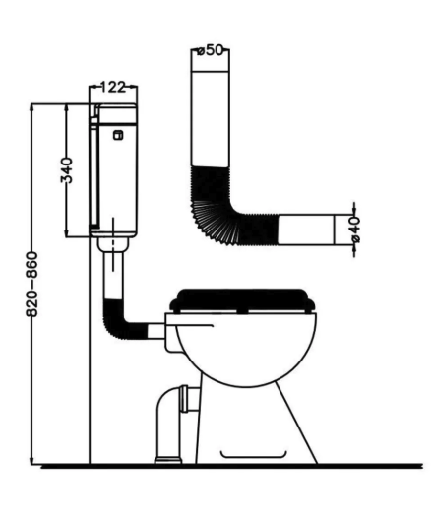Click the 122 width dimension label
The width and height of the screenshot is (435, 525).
tap(113, 87)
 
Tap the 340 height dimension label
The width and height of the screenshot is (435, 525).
tap(66, 170)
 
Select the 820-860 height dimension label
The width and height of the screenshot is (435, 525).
tap(32, 285)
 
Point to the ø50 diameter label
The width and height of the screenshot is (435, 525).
tap(210, 50)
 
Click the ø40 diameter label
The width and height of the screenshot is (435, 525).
tap(355, 230)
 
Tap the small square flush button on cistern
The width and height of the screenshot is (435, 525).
tap(118, 135)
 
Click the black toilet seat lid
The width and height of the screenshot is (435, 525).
tap(242, 300)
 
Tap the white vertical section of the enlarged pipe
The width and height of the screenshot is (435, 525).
tap(211, 119)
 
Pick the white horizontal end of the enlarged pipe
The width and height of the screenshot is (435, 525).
tap(306, 230)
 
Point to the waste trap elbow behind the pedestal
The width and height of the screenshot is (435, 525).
tap(169, 402)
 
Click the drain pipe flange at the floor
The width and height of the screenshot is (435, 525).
tap(168, 460)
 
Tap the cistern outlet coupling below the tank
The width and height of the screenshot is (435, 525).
tap(113, 244)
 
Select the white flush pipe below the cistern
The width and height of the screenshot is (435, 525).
tap(113, 276)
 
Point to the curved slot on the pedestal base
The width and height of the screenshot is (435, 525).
tap(253, 455)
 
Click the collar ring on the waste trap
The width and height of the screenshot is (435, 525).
tap(184, 399)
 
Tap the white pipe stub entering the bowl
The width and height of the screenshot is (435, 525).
tap(155, 331)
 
